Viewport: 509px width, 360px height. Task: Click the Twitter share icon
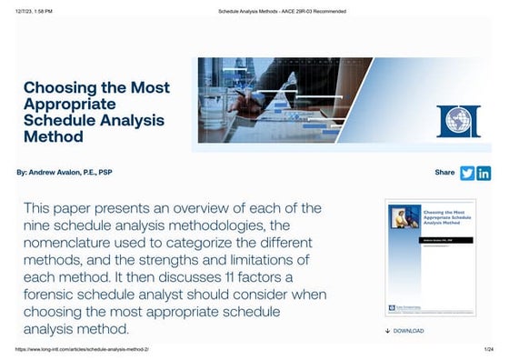tap(468, 173)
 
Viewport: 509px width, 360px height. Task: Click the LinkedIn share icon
tap(484, 173)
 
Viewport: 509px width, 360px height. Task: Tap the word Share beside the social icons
tap(445, 172)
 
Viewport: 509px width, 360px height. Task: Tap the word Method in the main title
tap(53, 136)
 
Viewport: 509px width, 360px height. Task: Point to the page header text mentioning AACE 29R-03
tap(283, 11)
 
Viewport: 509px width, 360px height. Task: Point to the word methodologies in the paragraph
tap(205, 225)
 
